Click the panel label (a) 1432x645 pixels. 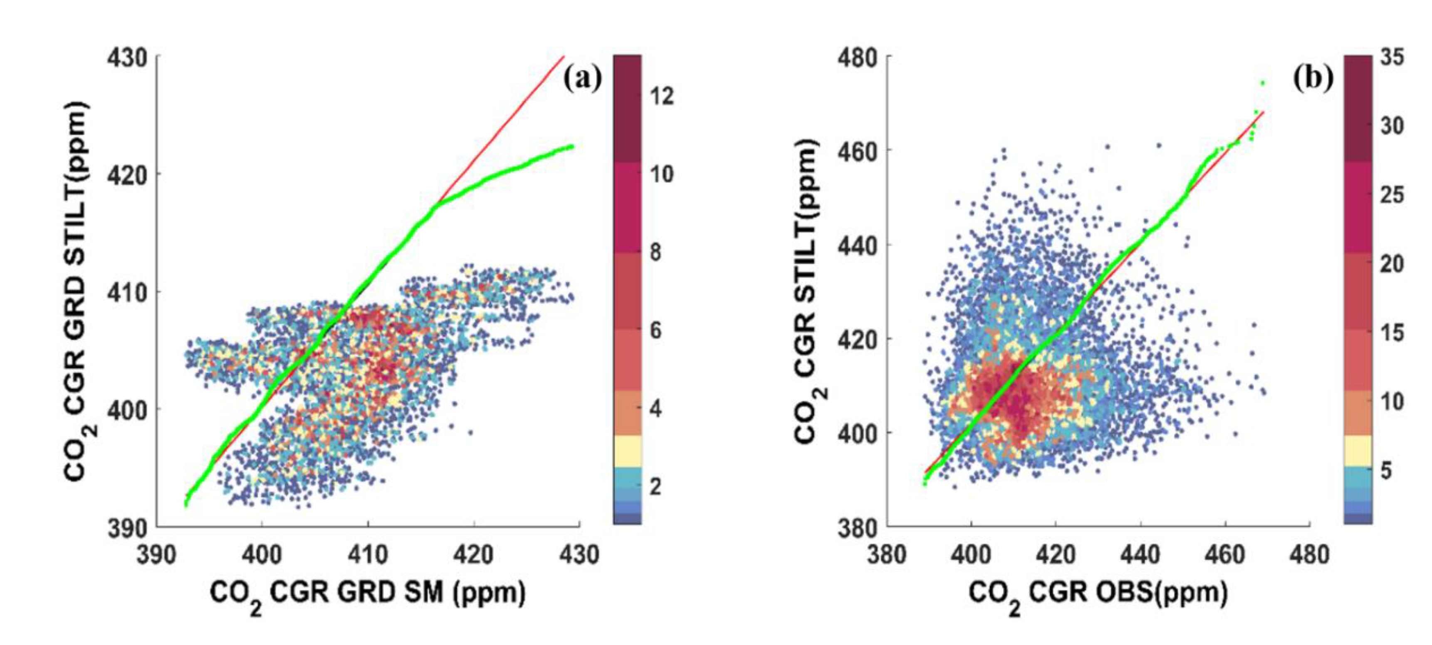click(x=582, y=78)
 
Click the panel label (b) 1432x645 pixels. click(x=1313, y=78)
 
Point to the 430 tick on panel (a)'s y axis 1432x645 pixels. click(x=127, y=57)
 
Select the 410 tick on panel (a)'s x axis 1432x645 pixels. click(x=367, y=554)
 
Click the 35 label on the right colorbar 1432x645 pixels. click(x=1391, y=57)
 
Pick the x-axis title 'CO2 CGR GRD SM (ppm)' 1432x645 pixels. click(x=367, y=594)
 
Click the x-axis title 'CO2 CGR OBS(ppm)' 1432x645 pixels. click(x=1098, y=594)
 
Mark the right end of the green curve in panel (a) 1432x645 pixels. click(x=571, y=146)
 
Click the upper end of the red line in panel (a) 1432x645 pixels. click(x=563, y=57)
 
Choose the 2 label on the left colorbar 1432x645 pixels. click(x=655, y=486)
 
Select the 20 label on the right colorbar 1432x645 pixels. click(x=1391, y=264)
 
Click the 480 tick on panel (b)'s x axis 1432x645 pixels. click(x=1310, y=554)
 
